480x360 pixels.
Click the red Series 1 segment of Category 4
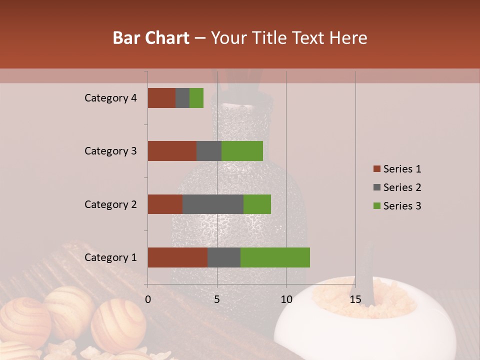[x=161, y=98]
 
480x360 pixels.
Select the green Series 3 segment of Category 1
[x=275, y=257]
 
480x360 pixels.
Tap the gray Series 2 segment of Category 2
[x=213, y=204]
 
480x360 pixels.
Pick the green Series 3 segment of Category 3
[x=242, y=151]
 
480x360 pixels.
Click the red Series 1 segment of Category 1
[x=177, y=257]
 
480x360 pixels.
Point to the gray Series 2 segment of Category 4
[x=182, y=98]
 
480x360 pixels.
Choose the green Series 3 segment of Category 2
[x=257, y=204]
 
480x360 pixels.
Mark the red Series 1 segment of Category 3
[x=172, y=151]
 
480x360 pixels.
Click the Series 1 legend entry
[x=397, y=169]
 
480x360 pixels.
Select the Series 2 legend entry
[x=397, y=187]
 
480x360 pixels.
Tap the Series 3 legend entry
[x=397, y=206]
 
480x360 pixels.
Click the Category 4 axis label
[x=110, y=98]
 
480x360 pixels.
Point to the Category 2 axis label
[x=110, y=204]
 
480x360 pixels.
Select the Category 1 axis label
[x=110, y=257]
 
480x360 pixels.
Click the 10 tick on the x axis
[x=286, y=299]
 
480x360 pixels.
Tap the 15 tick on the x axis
[x=355, y=299]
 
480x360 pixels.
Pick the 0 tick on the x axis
[x=148, y=299]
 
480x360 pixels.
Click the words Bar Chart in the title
[x=151, y=38]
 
